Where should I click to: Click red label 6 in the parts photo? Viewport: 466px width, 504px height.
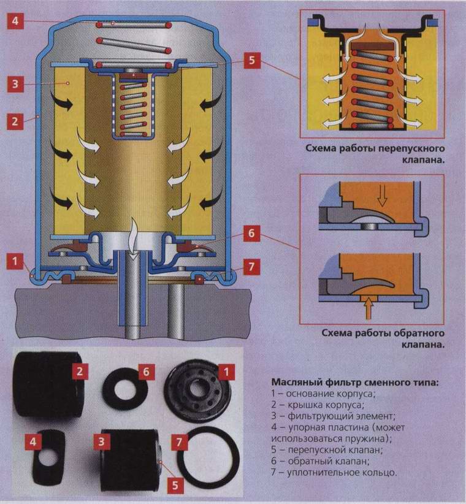(x=145, y=372)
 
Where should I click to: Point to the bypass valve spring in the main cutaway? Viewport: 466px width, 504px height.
(x=134, y=101)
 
